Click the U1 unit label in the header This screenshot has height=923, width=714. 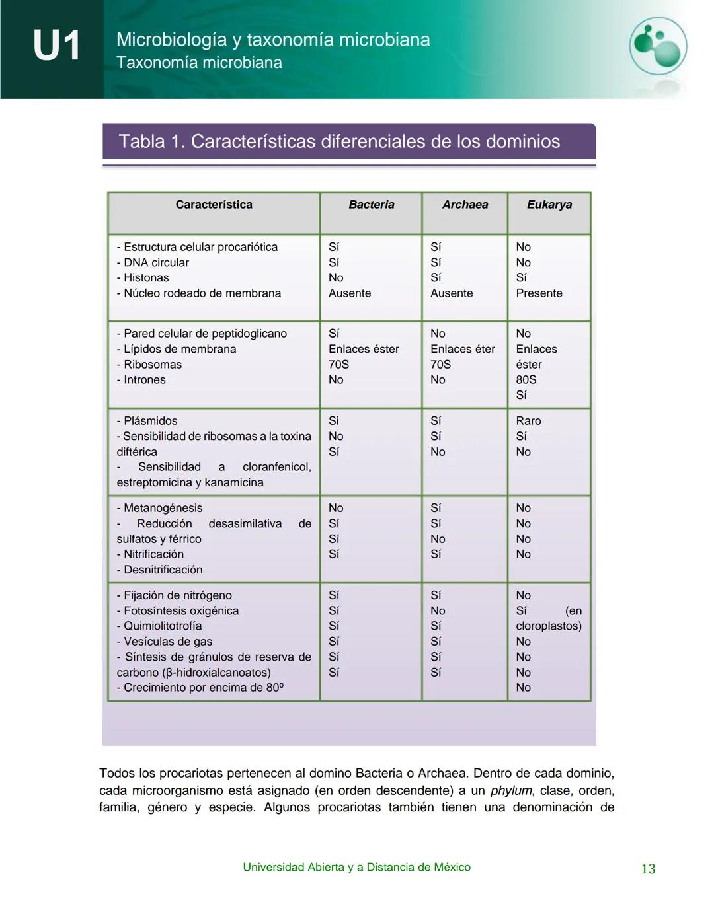(56, 46)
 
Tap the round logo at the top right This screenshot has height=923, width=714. (657, 46)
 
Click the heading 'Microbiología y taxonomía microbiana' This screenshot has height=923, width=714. (273, 40)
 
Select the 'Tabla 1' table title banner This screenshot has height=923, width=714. (349, 141)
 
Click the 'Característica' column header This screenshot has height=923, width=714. (214, 205)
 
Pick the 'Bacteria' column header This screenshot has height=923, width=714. (371, 205)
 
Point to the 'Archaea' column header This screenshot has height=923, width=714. (465, 205)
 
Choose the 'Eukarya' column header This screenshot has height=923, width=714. (549, 205)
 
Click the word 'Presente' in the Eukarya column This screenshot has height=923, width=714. (539, 293)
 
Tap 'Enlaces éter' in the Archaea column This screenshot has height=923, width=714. (462, 349)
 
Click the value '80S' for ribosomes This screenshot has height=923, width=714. (526, 380)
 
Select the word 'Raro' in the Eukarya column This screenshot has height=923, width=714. (528, 421)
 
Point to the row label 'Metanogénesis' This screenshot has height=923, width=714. (163, 508)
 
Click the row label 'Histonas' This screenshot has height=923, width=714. (145, 278)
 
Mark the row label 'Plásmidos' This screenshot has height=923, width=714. (150, 421)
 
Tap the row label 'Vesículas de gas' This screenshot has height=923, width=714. (168, 642)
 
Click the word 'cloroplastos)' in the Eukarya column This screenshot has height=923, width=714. (548, 626)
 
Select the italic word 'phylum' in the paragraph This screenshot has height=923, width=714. (511, 791)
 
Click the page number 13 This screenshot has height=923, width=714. (648, 869)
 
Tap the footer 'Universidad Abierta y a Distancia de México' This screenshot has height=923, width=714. (356, 868)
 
